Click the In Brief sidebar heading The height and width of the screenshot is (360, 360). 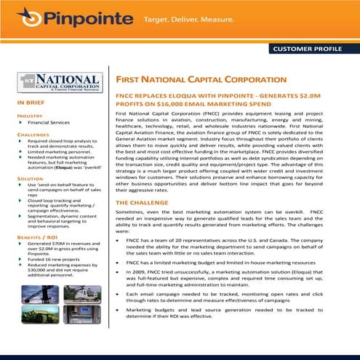31,104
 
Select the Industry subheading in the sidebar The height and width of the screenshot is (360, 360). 30,116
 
